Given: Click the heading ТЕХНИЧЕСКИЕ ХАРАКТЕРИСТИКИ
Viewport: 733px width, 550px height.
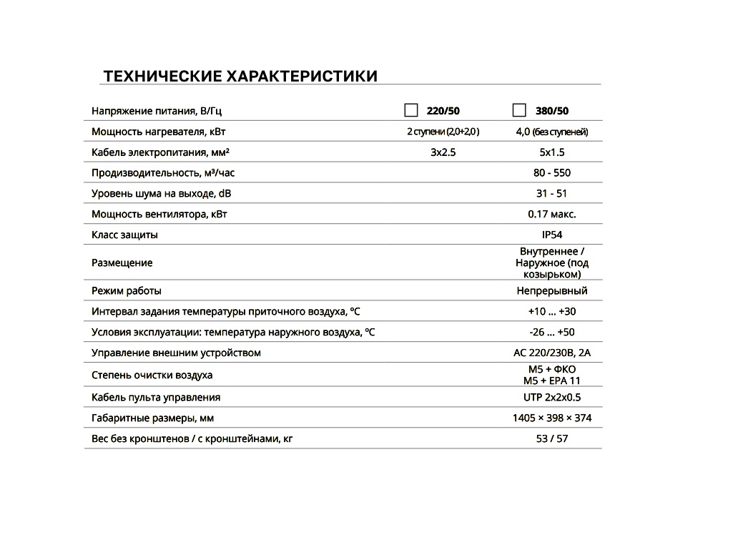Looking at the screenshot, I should coord(240,76).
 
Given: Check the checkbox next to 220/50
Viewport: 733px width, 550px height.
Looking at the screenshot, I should coord(411,110).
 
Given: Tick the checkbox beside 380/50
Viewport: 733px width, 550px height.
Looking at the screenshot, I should coord(520,110).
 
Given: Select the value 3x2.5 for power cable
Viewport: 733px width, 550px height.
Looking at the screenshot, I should coord(443,152).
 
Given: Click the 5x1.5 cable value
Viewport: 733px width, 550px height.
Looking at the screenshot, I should coord(552,152).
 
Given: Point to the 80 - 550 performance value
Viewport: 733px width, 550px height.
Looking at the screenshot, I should coord(552,173).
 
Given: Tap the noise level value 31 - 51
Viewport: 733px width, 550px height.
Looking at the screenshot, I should coord(552,194).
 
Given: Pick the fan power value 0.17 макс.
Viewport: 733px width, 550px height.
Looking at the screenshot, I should coord(552,214).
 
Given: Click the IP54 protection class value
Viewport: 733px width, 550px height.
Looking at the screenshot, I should coord(552,235).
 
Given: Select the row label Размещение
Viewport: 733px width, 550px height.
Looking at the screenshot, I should coord(122,263).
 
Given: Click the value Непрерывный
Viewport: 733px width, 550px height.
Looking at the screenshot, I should coord(552,291).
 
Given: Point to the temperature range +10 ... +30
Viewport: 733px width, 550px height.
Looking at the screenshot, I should coord(552,312).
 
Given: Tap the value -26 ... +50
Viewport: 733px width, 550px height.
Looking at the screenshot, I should coord(552,333).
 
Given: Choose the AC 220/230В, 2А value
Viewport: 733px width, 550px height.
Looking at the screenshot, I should coord(552,353).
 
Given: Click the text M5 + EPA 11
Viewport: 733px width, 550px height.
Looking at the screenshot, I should coord(552,380).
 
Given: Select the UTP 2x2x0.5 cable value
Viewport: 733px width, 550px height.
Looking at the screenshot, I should coord(552,398).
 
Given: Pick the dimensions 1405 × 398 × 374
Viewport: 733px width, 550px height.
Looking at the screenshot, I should coord(552,418).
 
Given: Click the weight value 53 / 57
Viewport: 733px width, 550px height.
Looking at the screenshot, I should coord(552,438).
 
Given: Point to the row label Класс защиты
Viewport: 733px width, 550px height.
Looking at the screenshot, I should coord(125,235).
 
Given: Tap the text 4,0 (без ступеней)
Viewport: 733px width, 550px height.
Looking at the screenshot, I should coord(552,132).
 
